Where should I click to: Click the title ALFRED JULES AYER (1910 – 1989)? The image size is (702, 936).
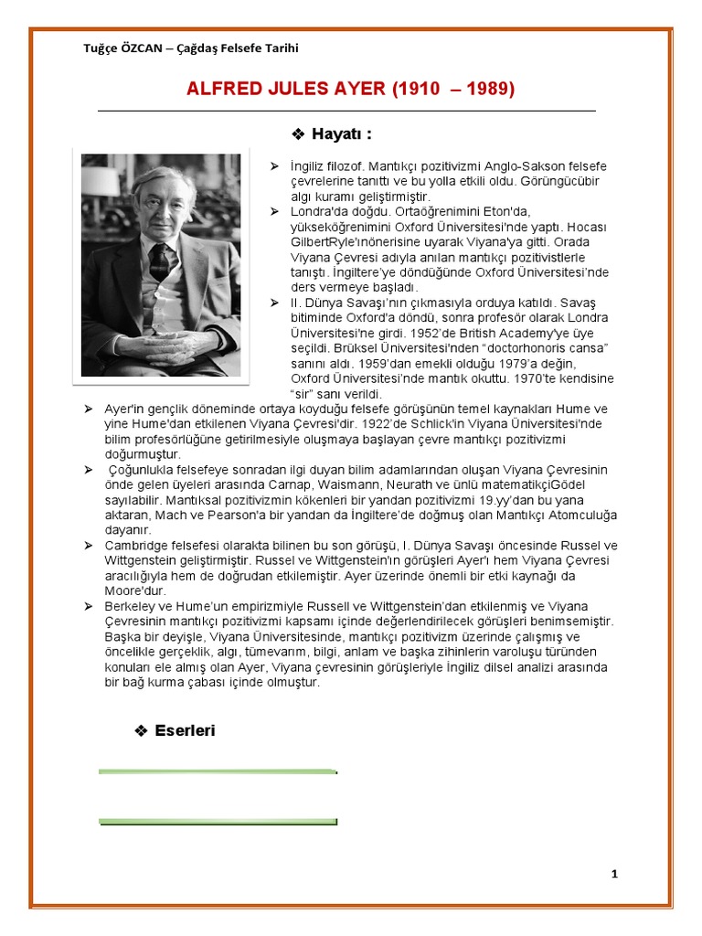pos(350,89)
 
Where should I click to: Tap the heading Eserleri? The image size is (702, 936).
pos(186,730)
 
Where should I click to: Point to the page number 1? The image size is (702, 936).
pos(615,874)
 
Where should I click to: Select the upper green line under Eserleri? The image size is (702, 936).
pos(218,771)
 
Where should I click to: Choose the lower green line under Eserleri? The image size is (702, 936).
pos(218,821)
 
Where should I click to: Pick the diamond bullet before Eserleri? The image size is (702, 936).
pos(141,730)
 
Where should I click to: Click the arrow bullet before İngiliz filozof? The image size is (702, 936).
pos(271,165)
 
